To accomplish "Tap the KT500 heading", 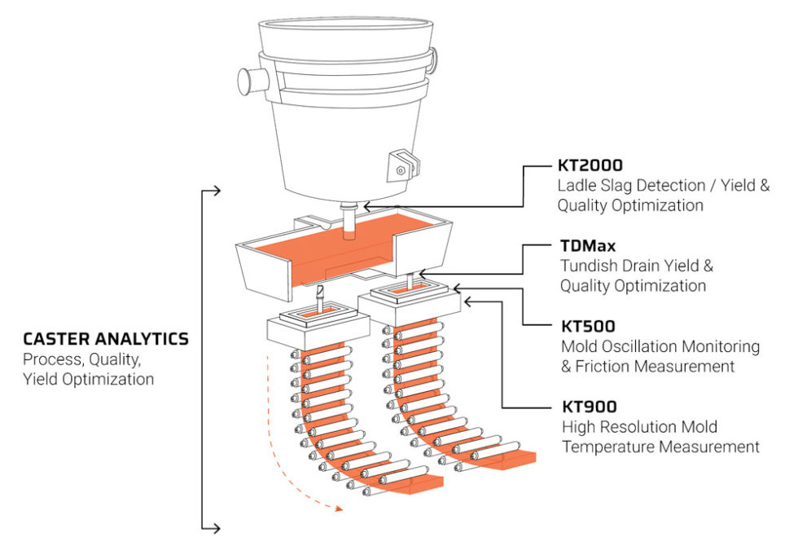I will point(586,327).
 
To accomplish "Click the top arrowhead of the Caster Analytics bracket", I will point(216,191).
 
